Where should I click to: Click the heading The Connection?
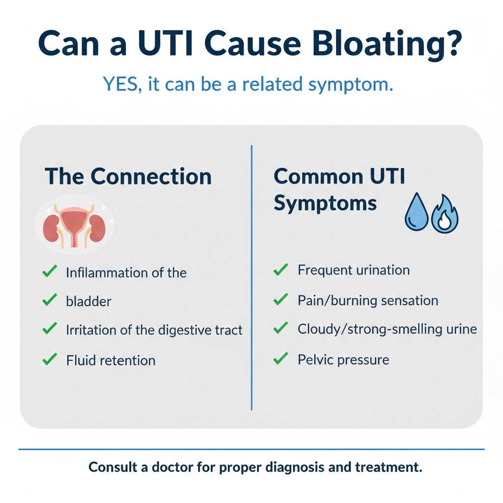tap(128, 176)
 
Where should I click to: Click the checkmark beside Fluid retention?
tap(50, 360)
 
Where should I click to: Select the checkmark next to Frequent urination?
tap(280, 270)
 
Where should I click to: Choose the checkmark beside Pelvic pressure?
tap(280, 359)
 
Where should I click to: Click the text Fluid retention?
tap(111, 361)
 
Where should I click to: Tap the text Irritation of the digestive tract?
tap(154, 330)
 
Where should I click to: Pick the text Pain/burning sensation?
tap(368, 300)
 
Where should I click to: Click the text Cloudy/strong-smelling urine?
tap(387, 329)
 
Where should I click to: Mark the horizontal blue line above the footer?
tap(251, 449)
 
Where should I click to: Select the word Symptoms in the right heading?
tap(325, 202)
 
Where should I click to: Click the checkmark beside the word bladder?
tap(50, 300)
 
